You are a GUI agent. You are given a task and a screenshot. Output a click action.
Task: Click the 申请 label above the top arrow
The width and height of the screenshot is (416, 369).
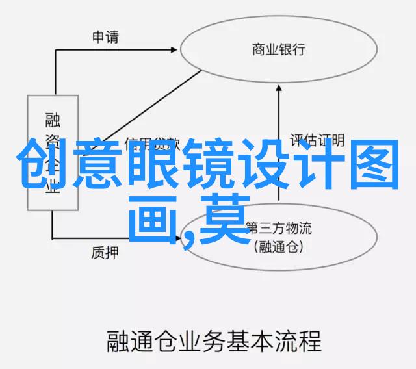pyautogui.click(x=106, y=37)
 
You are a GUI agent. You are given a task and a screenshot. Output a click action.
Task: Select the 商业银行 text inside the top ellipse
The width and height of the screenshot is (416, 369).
pyautogui.click(x=279, y=49)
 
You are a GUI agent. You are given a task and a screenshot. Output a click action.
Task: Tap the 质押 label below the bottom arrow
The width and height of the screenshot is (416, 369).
pyautogui.click(x=105, y=253)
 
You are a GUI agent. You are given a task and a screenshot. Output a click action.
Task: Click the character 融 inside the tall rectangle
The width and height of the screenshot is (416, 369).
pyautogui.click(x=53, y=120)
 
